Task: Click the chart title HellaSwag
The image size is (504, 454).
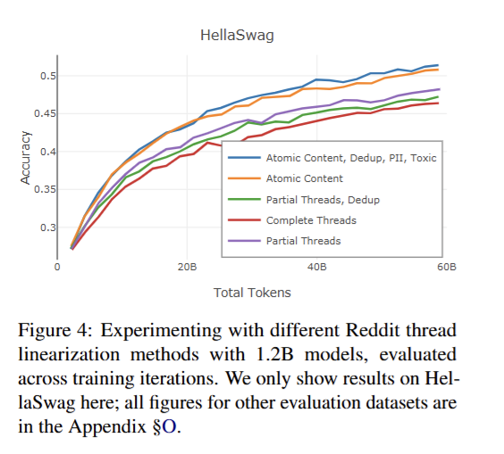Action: (x=237, y=36)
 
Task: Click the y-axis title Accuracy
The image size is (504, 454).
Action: (x=25, y=158)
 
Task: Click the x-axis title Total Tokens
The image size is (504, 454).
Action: (x=252, y=293)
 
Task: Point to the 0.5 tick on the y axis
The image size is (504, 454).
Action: (x=48, y=76)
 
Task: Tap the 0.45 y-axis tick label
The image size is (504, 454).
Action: (x=45, y=113)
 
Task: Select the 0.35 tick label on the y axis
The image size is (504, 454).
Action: (x=45, y=189)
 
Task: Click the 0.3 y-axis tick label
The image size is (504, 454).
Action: (x=48, y=227)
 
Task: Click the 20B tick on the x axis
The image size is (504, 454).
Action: (x=187, y=267)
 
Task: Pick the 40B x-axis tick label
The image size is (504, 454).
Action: (x=317, y=267)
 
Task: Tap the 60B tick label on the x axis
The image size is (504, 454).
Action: (x=447, y=267)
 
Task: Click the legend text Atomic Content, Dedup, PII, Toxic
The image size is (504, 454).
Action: (x=351, y=158)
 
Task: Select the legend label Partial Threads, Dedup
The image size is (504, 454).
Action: (x=323, y=200)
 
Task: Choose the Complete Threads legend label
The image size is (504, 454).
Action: (x=311, y=220)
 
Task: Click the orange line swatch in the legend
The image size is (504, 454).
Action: (x=244, y=178)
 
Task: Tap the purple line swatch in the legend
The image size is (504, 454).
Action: (x=244, y=241)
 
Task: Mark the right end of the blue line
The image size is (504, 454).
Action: (x=438, y=65)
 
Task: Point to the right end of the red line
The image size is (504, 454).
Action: (x=438, y=103)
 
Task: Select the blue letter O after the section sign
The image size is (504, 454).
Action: (x=170, y=426)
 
